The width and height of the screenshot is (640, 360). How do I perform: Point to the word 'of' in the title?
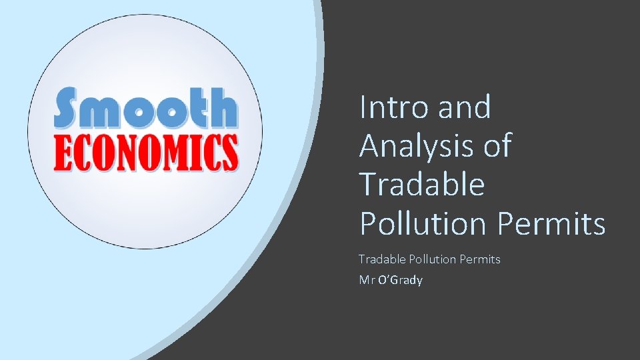click(x=497, y=146)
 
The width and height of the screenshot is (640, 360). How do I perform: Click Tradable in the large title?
click(x=421, y=184)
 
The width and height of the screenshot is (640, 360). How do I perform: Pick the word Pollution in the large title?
click(x=424, y=223)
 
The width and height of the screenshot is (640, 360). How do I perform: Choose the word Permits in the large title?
click(x=551, y=223)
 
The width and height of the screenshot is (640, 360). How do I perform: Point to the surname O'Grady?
click(x=400, y=280)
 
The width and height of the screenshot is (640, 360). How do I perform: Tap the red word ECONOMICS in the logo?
click(x=145, y=152)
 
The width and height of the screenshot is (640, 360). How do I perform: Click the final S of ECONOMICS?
click(x=229, y=152)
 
